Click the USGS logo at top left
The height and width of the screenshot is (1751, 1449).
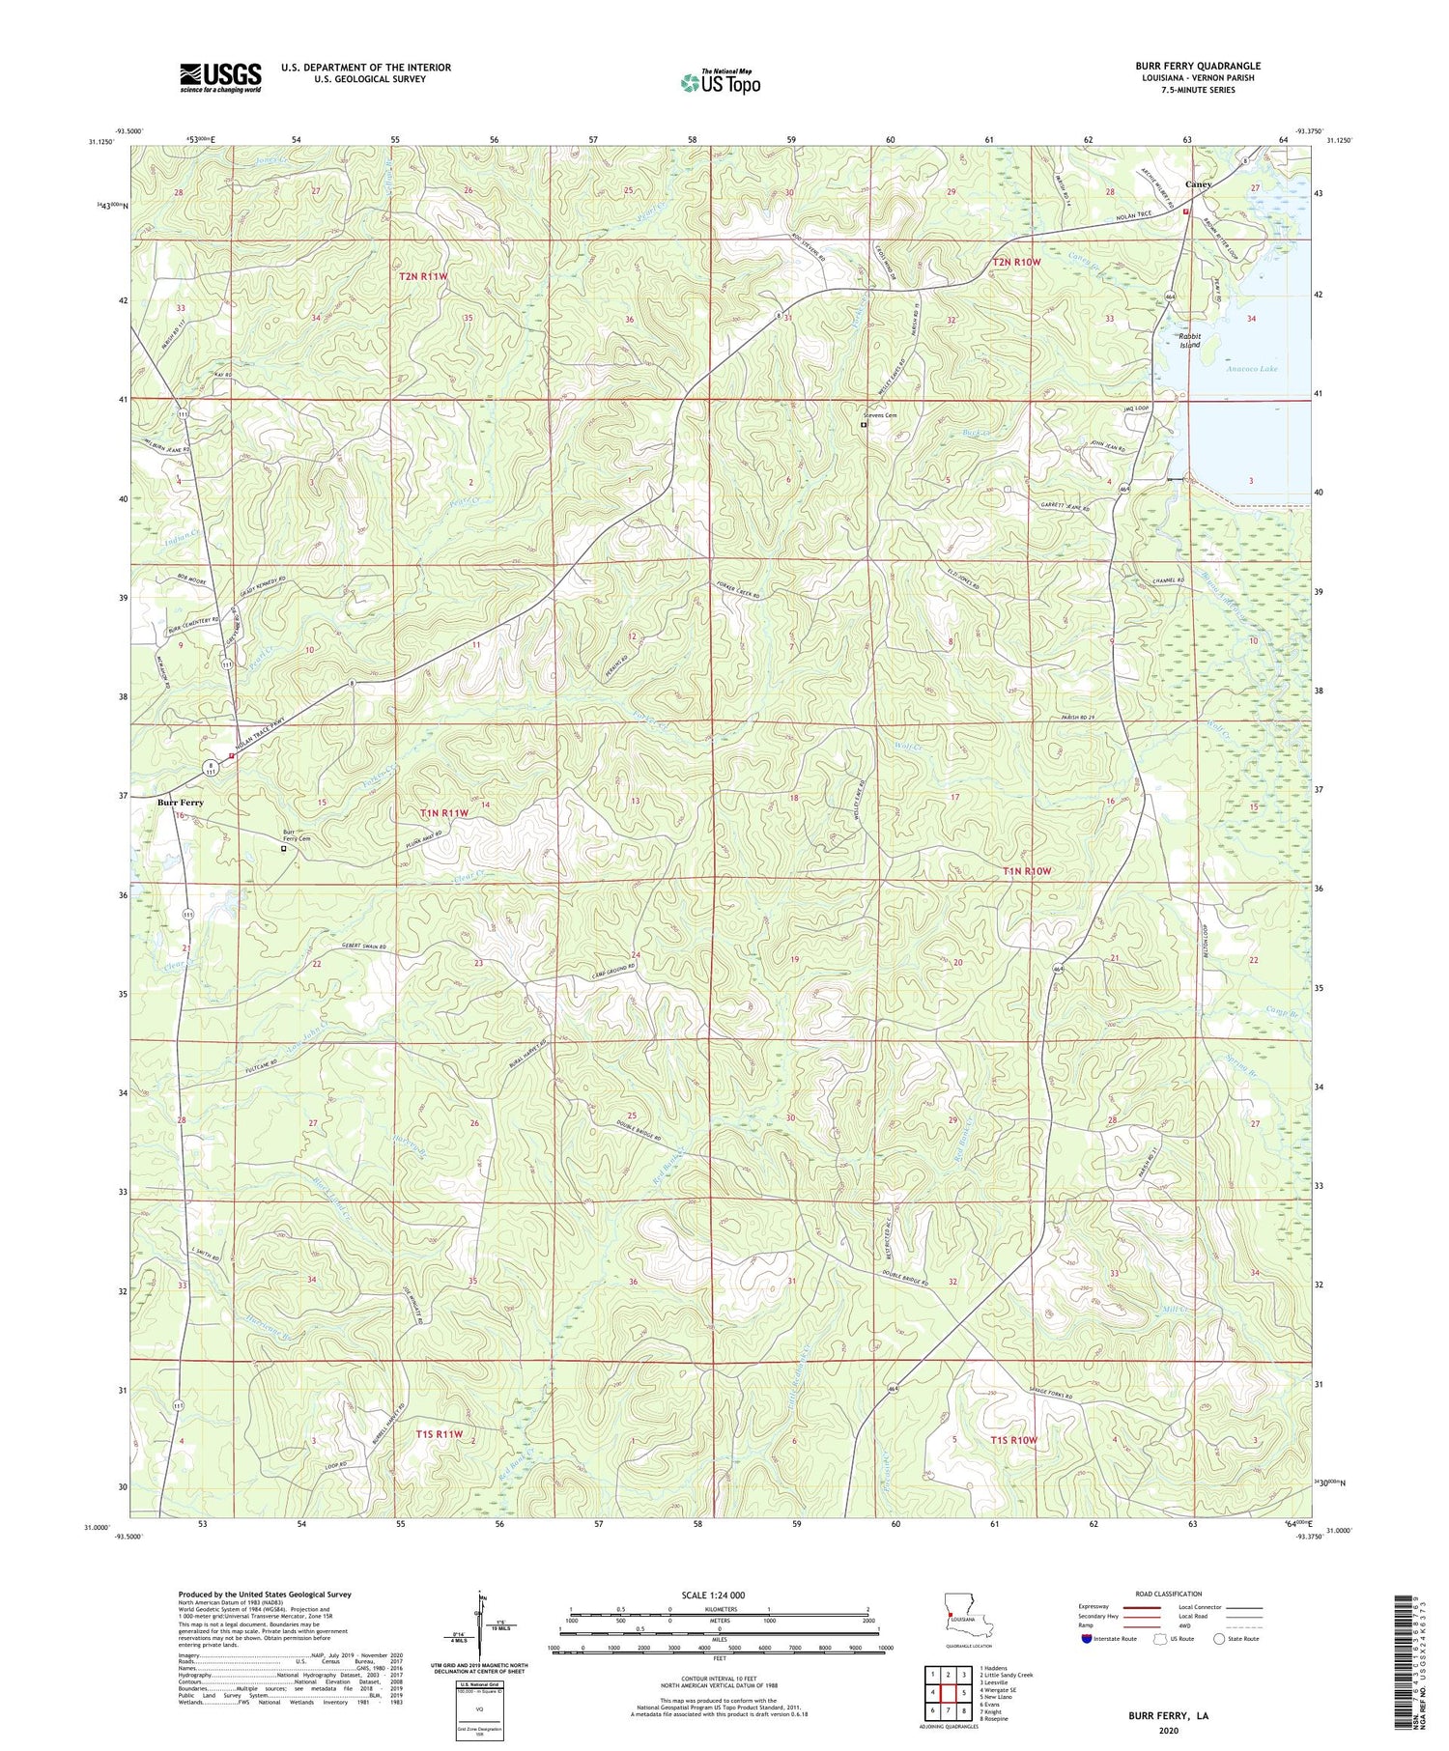(220, 77)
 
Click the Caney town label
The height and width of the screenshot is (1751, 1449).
(1199, 184)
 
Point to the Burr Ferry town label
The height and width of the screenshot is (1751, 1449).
(181, 803)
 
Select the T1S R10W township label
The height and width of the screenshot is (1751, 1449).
(1013, 1440)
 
